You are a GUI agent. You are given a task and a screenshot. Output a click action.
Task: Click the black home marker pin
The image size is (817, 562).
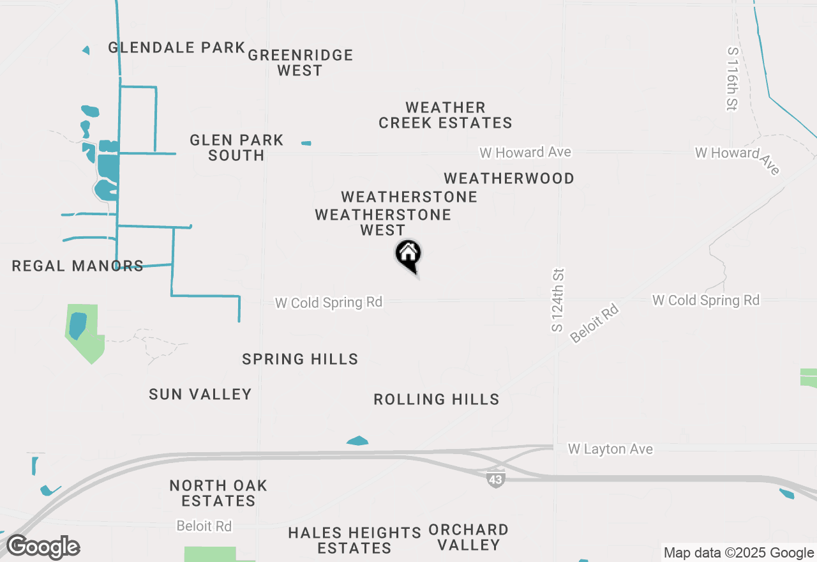[x=408, y=255]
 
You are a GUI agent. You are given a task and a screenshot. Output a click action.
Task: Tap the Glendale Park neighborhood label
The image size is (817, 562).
[x=177, y=47]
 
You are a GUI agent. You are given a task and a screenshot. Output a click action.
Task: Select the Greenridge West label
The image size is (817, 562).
[x=301, y=63]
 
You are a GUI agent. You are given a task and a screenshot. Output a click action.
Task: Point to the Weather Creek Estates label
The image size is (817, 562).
[x=446, y=115]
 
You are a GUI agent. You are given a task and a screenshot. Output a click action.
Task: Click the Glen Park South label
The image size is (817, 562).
[x=236, y=148]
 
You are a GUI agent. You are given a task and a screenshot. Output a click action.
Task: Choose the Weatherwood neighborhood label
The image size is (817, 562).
[x=509, y=178]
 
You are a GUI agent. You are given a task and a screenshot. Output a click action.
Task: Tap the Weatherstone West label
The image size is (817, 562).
[x=383, y=222]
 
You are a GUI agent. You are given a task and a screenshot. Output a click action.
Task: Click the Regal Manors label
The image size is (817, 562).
[x=78, y=266]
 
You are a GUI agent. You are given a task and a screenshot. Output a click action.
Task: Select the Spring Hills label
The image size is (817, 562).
[x=300, y=360]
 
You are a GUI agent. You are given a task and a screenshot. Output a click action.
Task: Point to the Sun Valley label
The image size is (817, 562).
[x=200, y=395]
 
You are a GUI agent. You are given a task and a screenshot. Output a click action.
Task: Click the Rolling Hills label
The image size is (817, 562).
[x=437, y=400]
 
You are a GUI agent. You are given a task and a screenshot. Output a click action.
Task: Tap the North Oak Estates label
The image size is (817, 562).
[x=218, y=493]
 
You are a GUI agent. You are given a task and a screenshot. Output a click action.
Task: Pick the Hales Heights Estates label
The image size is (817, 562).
[x=354, y=540]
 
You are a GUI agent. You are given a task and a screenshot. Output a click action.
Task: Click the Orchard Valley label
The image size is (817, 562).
[x=468, y=537]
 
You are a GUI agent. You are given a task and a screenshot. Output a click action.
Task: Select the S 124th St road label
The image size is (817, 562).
[x=558, y=300]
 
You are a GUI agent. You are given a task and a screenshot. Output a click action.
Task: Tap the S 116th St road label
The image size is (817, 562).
[x=733, y=78]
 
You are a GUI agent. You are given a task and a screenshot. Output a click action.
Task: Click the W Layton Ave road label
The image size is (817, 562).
[x=610, y=450]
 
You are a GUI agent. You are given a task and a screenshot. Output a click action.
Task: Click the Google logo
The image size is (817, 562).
[x=43, y=547]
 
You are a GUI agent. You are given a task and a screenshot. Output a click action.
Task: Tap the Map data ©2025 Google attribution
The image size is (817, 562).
[x=738, y=553]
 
